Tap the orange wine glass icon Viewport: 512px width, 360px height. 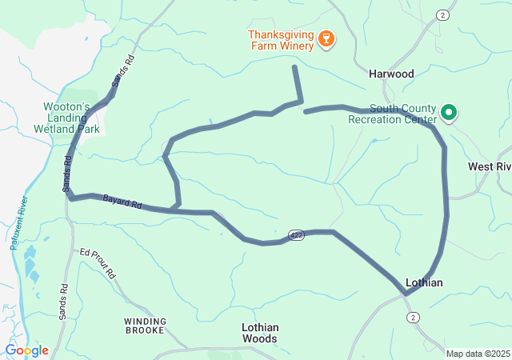coord(326,39)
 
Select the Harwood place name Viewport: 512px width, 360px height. coord(391,74)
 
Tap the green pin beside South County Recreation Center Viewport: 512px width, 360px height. coord(450,113)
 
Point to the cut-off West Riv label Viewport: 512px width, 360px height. coord(489,166)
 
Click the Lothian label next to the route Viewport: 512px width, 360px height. coord(424,282)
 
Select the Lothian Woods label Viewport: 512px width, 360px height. coord(260,333)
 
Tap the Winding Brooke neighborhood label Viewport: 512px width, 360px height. coord(146,326)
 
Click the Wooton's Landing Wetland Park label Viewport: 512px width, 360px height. coord(71,117)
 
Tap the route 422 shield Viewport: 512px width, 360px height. coord(297,235)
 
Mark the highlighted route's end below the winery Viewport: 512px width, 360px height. coord(295,68)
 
